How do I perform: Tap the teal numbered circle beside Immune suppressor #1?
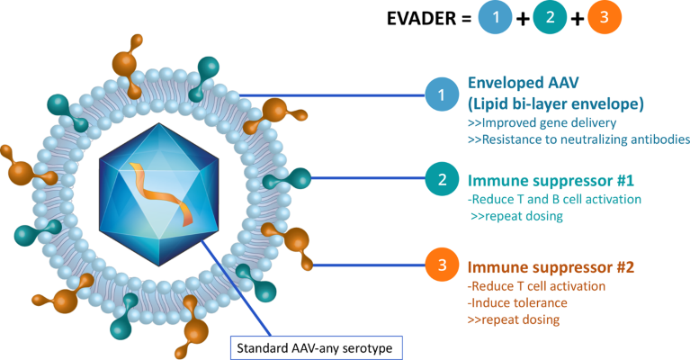[442, 178]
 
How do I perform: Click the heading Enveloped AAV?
[517, 81]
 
